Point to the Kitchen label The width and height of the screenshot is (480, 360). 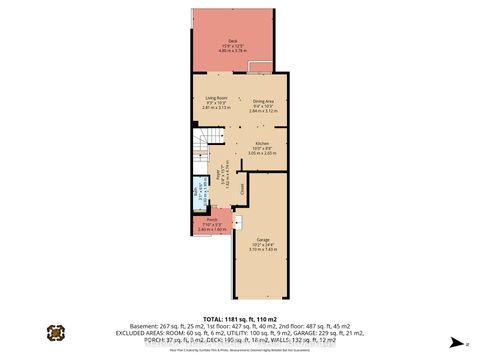pyautogui.click(x=261, y=144)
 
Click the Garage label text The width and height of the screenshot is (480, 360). pyautogui.click(x=261, y=241)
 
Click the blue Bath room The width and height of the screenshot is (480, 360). pyautogui.click(x=200, y=198)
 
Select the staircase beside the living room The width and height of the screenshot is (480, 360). pyautogui.click(x=201, y=151)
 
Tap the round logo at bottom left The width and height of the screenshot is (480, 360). pyautogui.click(x=56, y=330)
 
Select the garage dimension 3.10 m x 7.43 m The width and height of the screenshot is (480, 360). pyautogui.click(x=261, y=251)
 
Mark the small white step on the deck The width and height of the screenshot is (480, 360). pyautogui.click(x=260, y=67)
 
